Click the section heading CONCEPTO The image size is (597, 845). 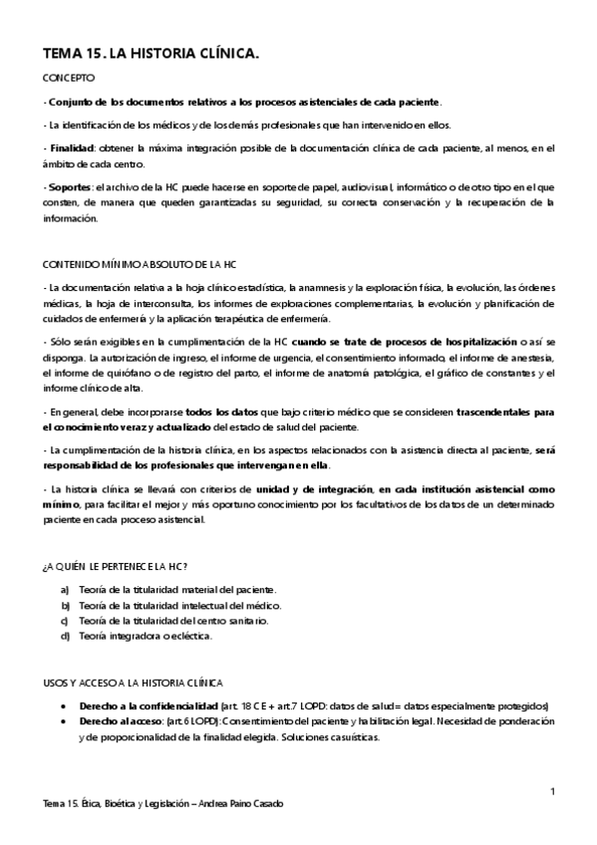[70, 78]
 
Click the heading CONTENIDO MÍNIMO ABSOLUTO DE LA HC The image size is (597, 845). [140, 264]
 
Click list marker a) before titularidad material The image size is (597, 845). [65, 589]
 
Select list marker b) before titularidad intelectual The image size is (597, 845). [65, 605]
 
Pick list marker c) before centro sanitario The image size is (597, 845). [65, 620]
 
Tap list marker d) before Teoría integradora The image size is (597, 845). [65, 635]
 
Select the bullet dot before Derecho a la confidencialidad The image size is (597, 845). [65, 705]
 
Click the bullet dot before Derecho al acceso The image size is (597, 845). [65, 720]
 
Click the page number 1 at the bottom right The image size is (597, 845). [551, 792]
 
